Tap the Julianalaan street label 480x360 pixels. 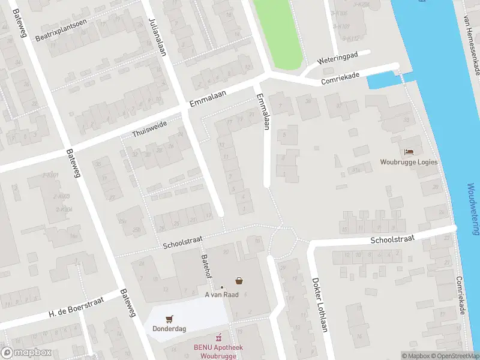point(157,36)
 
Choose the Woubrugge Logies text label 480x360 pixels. point(409,162)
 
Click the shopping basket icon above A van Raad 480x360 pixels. point(239,280)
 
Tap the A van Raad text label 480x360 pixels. point(221,295)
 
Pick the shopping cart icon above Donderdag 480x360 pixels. point(169,319)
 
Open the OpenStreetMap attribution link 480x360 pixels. point(455,356)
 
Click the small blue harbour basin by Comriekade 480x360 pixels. point(380,80)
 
